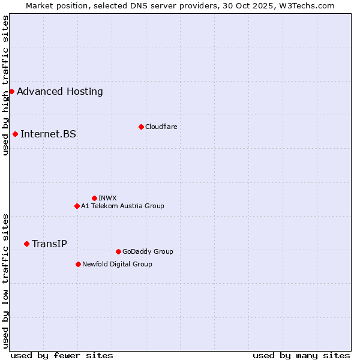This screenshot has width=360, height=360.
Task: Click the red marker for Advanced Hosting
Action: click(11, 92)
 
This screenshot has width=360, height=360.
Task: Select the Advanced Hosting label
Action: click(60, 92)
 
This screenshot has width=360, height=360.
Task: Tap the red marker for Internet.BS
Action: click(15, 134)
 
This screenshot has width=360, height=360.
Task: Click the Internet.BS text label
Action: click(48, 134)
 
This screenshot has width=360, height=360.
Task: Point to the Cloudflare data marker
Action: click(141, 127)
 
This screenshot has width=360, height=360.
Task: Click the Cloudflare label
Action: click(161, 127)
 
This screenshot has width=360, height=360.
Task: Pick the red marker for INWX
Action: click(94, 198)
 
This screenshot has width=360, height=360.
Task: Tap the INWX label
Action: click(107, 198)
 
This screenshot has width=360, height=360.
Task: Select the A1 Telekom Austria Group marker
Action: click(77, 206)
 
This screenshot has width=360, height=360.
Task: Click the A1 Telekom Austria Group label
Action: click(122, 206)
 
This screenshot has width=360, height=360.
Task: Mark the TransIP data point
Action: click(26, 244)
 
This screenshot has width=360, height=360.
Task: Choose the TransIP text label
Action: click(49, 244)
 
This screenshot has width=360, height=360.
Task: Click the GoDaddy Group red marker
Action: click(118, 251)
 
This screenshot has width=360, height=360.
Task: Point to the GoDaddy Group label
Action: click(148, 251)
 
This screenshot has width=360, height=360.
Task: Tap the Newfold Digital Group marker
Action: click(78, 264)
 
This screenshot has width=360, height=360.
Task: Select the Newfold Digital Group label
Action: click(117, 264)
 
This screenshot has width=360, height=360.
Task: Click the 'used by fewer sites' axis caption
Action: click(62, 355)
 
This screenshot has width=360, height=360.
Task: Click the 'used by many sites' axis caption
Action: click(301, 355)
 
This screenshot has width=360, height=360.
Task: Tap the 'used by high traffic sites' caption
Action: click(6, 85)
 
